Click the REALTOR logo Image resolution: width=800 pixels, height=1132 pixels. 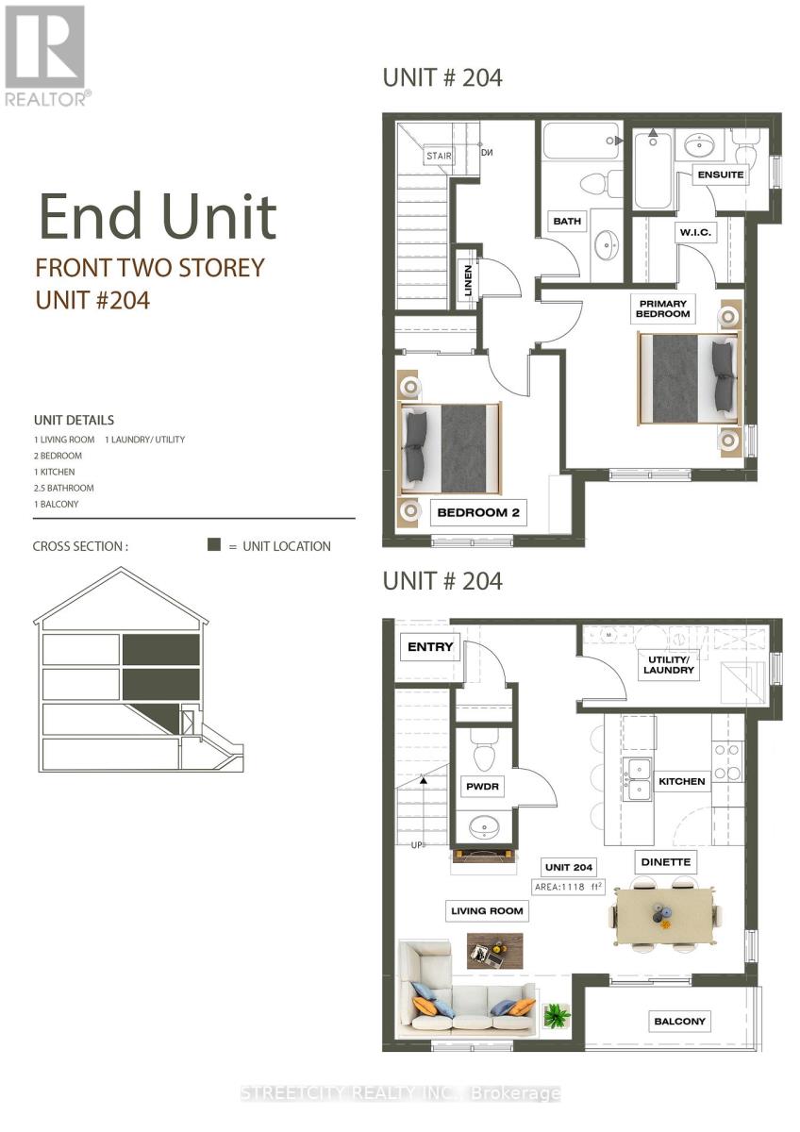pyautogui.click(x=47, y=55)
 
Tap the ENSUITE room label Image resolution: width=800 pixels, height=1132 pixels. pyautogui.click(x=721, y=175)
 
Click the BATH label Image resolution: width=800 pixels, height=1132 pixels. pyautogui.click(x=567, y=222)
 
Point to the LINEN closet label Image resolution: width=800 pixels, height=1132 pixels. pyautogui.click(x=468, y=280)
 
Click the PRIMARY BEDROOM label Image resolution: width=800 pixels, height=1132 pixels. pyautogui.click(x=662, y=308)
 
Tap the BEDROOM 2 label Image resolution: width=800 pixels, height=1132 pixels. pyautogui.click(x=478, y=514)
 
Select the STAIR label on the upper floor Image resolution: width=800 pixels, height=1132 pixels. pyautogui.click(x=439, y=156)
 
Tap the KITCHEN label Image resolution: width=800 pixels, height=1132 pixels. pyautogui.click(x=681, y=781)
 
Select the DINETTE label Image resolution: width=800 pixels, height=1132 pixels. pyautogui.click(x=666, y=861)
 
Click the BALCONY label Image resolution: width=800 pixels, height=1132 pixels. pyautogui.click(x=679, y=1021)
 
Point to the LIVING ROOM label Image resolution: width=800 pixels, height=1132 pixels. pyautogui.click(x=487, y=910)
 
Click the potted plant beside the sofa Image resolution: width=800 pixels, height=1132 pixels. pyautogui.click(x=557, y=1015)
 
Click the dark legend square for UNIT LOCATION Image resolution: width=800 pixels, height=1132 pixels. pyautogui.click(x=214, y=545)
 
